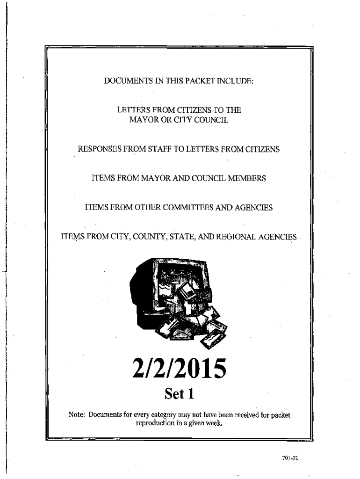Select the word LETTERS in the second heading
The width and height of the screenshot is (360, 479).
[x=133, y=111]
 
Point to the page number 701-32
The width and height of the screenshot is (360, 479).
[x=290, y=458]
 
